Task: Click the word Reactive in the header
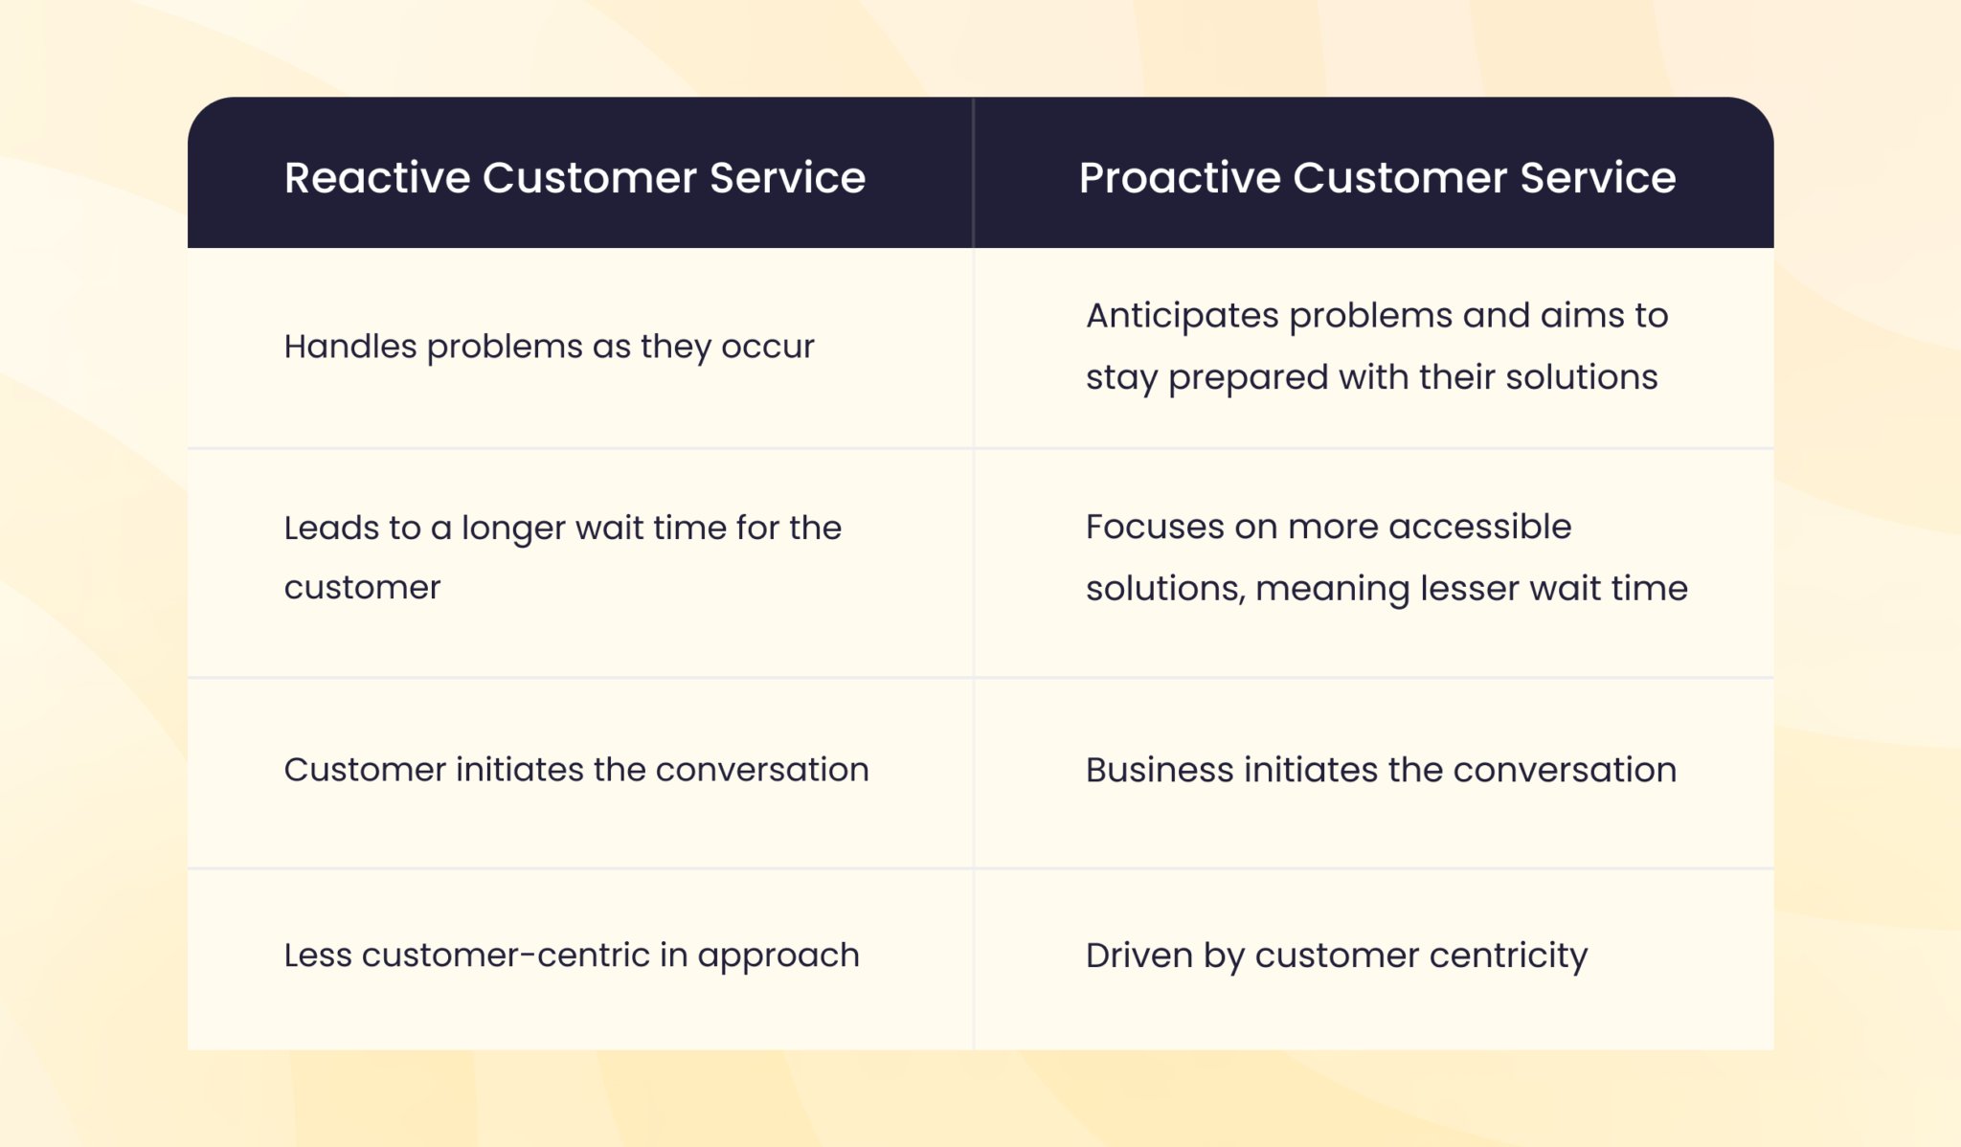click(376, 178)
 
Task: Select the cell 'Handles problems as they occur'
click(549, 347)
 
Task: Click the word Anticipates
click(1181, 316)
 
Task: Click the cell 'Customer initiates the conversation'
click(575, 770)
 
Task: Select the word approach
click(778, 956)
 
